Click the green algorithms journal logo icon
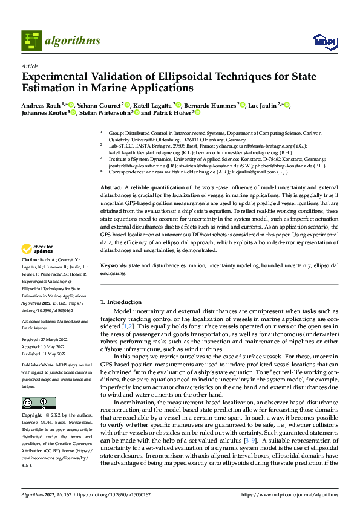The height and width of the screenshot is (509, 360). pyautogui.click(x=32, y=41)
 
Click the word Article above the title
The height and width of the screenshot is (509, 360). pyautogui.click(x=30, y=66)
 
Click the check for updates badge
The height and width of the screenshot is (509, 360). pyautogui.click(x=38, y=249)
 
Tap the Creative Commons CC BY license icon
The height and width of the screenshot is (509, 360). pyautogui.click(x=39, y=403)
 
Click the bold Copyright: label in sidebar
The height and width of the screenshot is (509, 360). pyautogui.click(x=33, y=417)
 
